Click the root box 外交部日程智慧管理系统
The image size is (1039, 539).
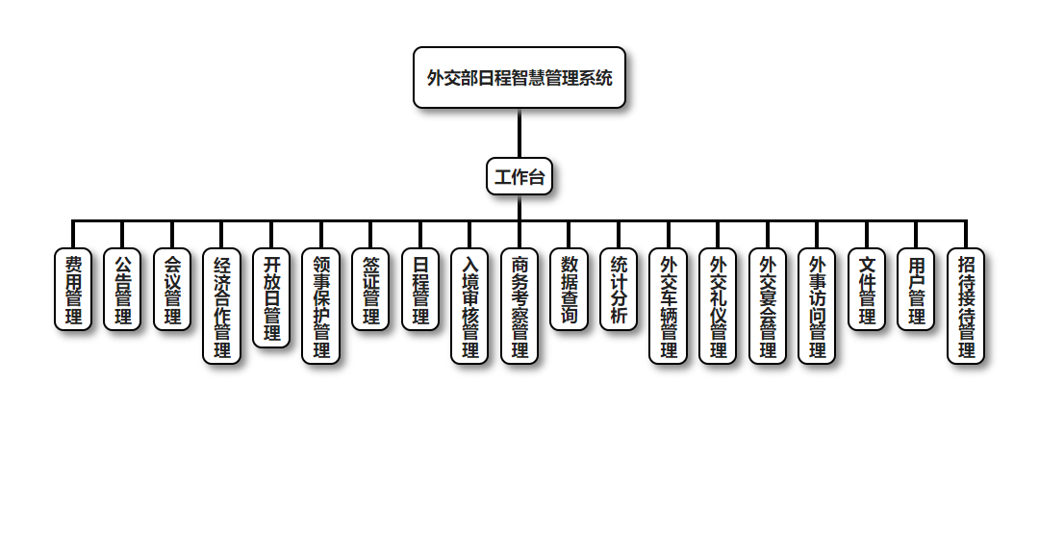[x=519, y=78]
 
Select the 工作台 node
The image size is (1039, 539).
[x=519, y=177]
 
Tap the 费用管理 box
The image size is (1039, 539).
[x=73, y=290]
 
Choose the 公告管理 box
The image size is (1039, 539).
[x=123, y=290]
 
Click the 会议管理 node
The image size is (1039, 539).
[x=172, y=290]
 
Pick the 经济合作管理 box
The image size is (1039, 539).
[x=222, y=306]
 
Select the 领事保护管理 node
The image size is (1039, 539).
[x=321, y=306]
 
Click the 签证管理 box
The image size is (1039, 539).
[x=370, y=290]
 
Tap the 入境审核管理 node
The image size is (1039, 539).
[x=469, y=306]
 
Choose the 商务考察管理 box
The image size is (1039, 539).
[x=519, y=306]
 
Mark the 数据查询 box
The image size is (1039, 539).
[x=569, y=290]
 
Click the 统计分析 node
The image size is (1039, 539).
[x=619, y=290]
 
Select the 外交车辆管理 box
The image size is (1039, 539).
[x=669, y=306]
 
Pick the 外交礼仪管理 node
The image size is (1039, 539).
[x=718, y=306]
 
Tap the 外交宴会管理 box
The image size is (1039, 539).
[x=768, y=306]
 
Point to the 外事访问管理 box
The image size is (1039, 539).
[x=817, y=306]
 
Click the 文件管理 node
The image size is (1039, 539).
[x=867, y=290]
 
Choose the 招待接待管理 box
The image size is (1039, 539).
[x=966, y=306]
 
